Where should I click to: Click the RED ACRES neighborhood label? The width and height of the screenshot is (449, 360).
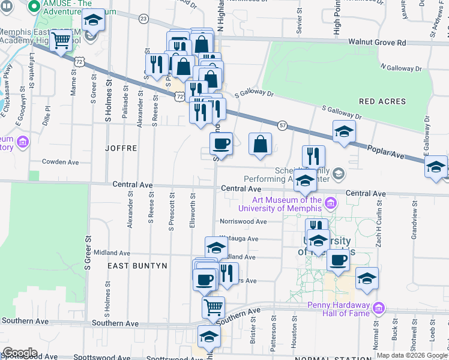coord(384,101)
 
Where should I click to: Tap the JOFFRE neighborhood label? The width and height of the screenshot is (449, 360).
coord(121,148)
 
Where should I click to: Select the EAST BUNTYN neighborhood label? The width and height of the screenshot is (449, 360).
coord(137,265)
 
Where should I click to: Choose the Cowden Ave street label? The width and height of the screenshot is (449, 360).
coord(60,162)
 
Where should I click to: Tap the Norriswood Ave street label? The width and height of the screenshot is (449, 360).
coord(243,221)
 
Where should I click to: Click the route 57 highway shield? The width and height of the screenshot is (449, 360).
coord(282,124)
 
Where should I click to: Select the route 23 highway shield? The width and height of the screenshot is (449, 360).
coord(143,19)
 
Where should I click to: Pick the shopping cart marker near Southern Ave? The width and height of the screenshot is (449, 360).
coord(213,307)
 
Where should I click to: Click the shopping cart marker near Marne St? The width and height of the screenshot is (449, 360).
coord(61,40)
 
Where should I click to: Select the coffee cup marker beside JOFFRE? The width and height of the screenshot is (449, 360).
coord(221,144)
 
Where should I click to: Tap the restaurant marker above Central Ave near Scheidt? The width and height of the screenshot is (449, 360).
coord(313,156)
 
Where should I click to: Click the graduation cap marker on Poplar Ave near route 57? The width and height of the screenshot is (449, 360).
coord(344,131)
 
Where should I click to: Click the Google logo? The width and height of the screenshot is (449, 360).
coord(20,353)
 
